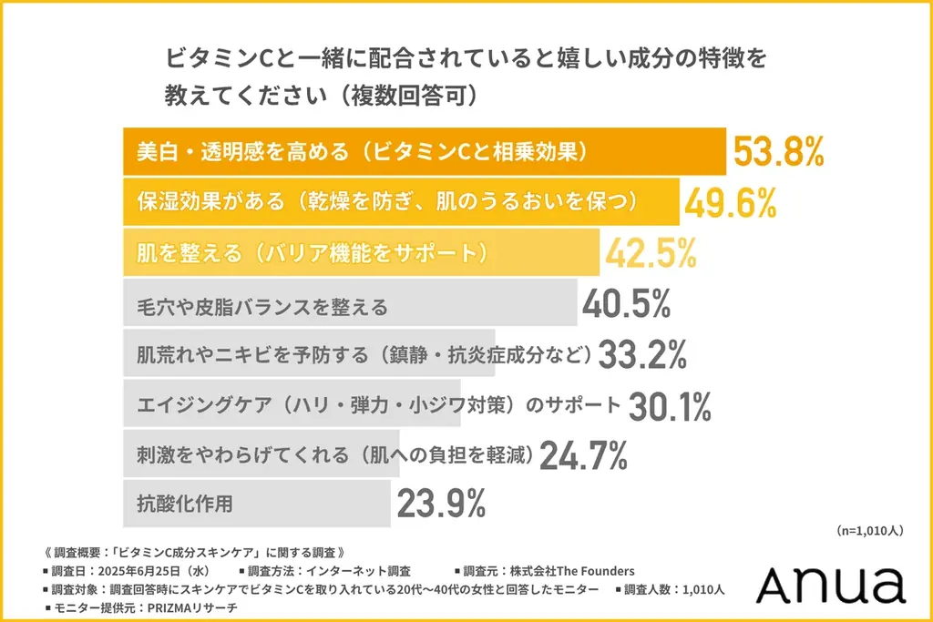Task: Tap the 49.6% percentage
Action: pyautogui.click(x=730, y=202)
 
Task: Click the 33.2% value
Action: pyautogui.click(x=642, y=354)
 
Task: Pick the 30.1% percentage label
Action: pyautogui.click(x=670, y=405)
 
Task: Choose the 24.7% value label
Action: pyautogui.click(x=583, y=454)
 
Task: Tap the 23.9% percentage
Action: pyautogui.click(x=440, y=503)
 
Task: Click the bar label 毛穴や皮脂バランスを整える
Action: pyautogui.click(x=261, y=305)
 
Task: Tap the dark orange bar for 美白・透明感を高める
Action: pyautogui.click(x=424, y=152)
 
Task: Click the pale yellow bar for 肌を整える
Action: pyautogui.click(x=361, y=252)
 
